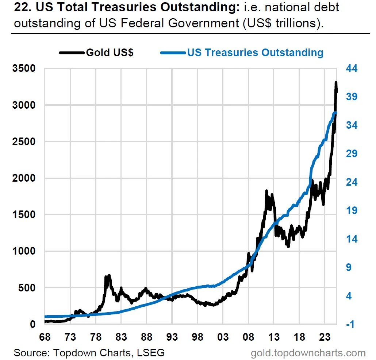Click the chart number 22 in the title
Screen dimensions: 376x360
tap(23, 7)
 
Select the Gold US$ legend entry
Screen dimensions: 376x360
tap(96, 53)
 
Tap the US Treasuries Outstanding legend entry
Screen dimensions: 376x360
tap(242, 53)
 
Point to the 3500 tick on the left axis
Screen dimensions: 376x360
tap(24, 68)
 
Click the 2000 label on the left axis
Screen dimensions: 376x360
tap(24, 178)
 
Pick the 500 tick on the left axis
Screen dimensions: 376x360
tap(27, 288)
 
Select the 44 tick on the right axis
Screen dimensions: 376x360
tap(352, 68)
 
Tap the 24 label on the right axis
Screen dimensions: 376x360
tap(352, 182)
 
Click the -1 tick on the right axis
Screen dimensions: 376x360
tap(350, 324)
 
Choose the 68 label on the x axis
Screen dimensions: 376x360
tap(45, 337)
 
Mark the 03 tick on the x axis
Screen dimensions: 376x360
tap(223, 337)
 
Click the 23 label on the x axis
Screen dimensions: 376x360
tap(325, 337)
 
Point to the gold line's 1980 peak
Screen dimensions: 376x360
tap(110, 275)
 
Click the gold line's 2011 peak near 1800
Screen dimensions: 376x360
tap(266, 191)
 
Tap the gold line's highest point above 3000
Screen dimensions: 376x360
tap(336, 83)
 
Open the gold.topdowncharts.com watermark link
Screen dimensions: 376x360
tap(308, 353)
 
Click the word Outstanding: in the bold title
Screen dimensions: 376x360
tap(200, 7)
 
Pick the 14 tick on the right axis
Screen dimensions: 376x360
tap(352, 239)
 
